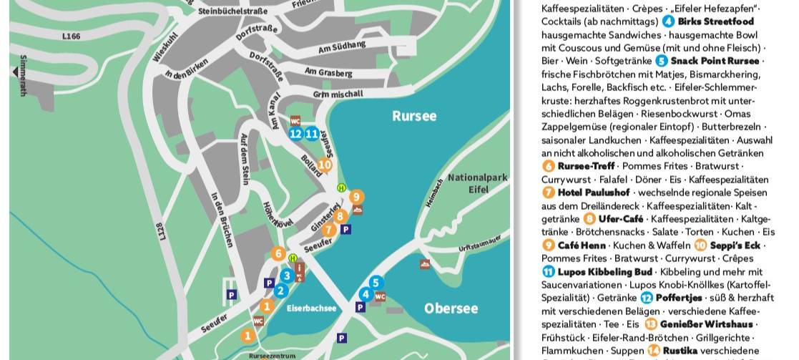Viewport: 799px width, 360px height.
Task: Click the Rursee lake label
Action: tap(413, 116)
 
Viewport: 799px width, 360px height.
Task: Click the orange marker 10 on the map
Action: tap(324, 165)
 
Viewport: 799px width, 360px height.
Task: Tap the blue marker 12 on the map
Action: tap(296, 133)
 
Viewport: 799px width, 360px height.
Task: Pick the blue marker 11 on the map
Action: tap(311, 133)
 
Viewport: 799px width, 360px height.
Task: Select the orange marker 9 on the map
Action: tap(356, 197)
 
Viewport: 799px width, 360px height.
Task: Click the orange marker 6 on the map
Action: tap(279, 253)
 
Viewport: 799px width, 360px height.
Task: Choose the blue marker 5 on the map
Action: tap(376, 283)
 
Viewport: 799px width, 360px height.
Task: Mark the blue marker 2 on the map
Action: tap(280, 291)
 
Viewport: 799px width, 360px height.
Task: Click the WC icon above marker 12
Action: tap(295, 121)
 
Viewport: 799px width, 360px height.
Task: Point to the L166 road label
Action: tap(72, 35)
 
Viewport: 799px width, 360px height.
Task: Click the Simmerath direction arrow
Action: tap(14, 72)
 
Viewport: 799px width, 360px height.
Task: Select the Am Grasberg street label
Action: tap(328, 72)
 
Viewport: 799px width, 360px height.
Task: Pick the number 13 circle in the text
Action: tap(651, 324)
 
